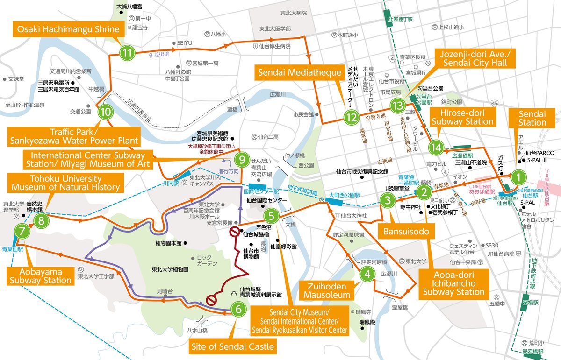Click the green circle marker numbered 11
127,53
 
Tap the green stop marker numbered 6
238,309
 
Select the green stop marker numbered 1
518,176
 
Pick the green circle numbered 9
241,160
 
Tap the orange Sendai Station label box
532,118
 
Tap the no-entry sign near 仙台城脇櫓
234,233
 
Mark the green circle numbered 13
397,106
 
